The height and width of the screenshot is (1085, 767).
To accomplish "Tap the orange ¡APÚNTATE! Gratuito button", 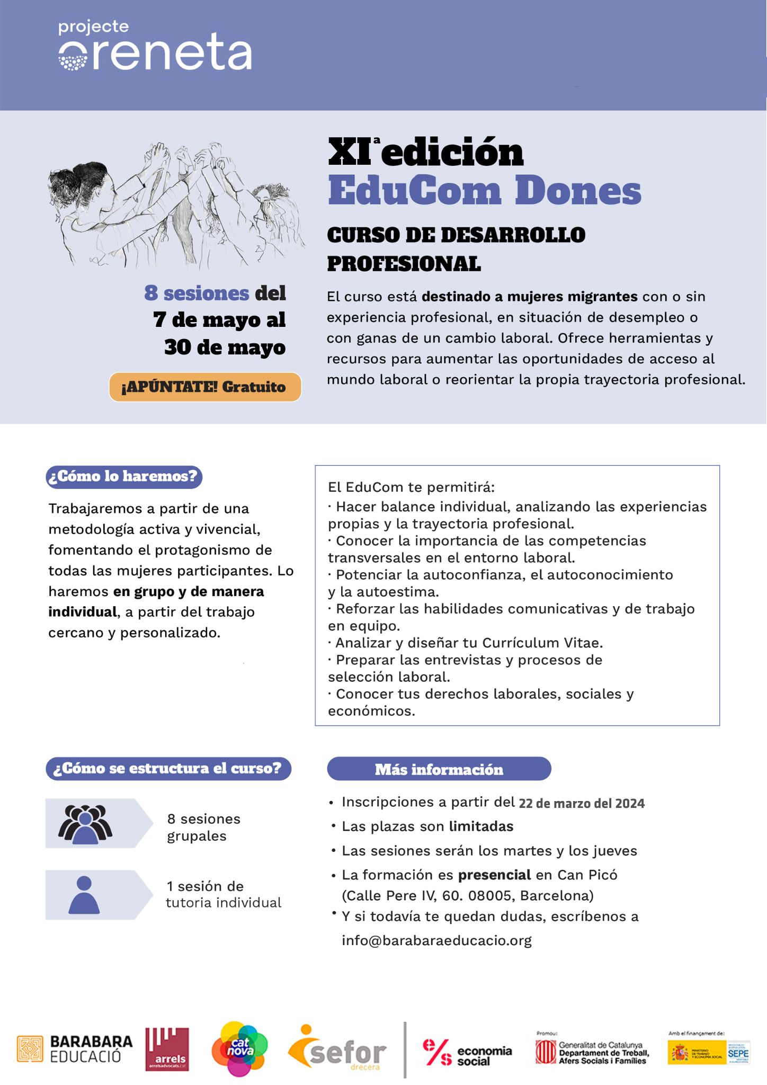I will coord(205,387).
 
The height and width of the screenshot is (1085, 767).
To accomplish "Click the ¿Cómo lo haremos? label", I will coord(124,476).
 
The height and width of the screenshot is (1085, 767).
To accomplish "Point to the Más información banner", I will coord(439,769).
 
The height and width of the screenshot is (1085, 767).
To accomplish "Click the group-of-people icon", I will coord(85,824).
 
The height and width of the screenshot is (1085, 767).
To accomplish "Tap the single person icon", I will coord(84,895).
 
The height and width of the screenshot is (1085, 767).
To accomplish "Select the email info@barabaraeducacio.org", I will coord(436,940).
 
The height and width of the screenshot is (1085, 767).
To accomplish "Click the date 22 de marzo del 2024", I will coord(582,803).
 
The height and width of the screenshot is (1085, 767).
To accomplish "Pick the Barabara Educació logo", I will coord(75,1048).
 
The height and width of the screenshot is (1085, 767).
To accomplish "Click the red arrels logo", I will coord(167,1049).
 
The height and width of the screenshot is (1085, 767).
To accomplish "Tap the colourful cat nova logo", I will coord(239,1048).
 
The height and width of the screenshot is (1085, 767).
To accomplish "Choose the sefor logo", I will coord(337,1049).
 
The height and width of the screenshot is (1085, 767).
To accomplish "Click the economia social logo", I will coord(467,1052).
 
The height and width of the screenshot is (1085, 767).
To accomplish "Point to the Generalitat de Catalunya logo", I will coord(592,1052).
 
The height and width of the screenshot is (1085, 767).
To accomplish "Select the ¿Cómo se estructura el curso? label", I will coord(168,769).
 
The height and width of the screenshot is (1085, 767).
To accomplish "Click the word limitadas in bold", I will coord(481,826).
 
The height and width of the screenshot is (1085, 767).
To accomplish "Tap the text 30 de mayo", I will coord(225,348).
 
